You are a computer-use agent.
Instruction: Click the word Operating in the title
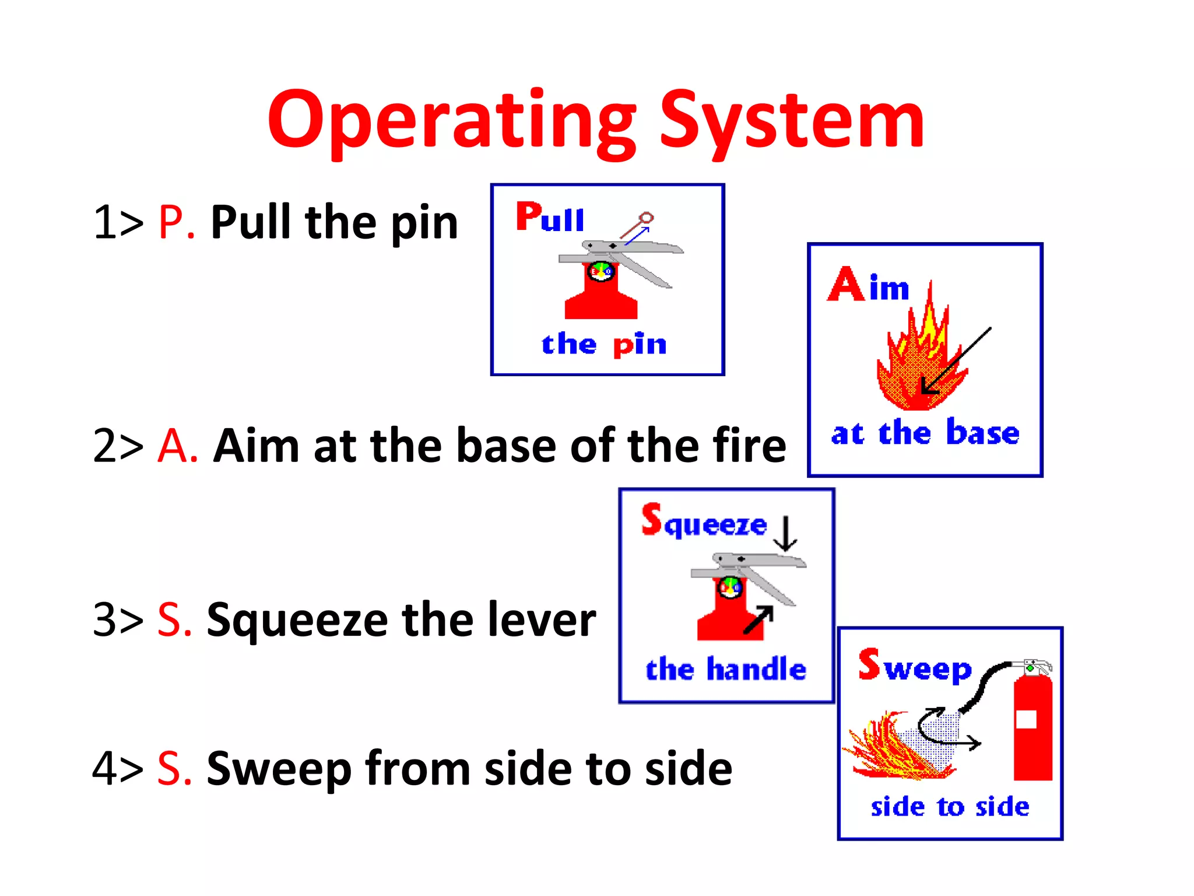point(452,123)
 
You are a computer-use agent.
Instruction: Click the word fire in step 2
point(751,446)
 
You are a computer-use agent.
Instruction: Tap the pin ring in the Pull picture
point(646,219)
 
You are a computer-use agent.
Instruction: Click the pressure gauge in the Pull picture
point(600,272)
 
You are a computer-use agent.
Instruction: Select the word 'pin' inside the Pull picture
point(640,344)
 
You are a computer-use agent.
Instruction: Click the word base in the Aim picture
point(982,433)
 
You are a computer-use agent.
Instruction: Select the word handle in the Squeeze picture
point(756,669)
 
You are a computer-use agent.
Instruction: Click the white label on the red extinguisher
point(1026,719)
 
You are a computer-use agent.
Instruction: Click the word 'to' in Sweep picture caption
point(950,807)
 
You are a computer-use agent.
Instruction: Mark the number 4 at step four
point(106,769)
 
